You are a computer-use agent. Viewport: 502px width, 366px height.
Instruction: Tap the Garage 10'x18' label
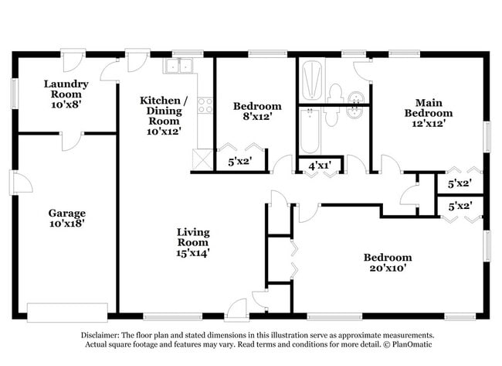pyautogui.click(x=66, y=217)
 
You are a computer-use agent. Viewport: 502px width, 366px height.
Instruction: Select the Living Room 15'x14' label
pyautogui.click(x=193, y=242)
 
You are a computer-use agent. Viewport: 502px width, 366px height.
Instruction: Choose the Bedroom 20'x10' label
pyautogui.click(x=388, y=263)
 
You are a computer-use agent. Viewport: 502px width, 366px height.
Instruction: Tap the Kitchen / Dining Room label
pyautogui.click(x=163, y=111)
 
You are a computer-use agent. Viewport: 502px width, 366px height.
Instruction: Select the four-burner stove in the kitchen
pyautogui.click(x=205, y=105)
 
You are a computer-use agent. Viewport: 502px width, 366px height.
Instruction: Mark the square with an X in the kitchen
pyautogui.click(x=203, y=160)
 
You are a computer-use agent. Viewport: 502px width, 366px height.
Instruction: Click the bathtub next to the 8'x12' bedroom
pyautogui.click(x=309, y=132)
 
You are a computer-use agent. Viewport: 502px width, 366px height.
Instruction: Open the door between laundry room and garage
pyautogui.click(x=71, y=139)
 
